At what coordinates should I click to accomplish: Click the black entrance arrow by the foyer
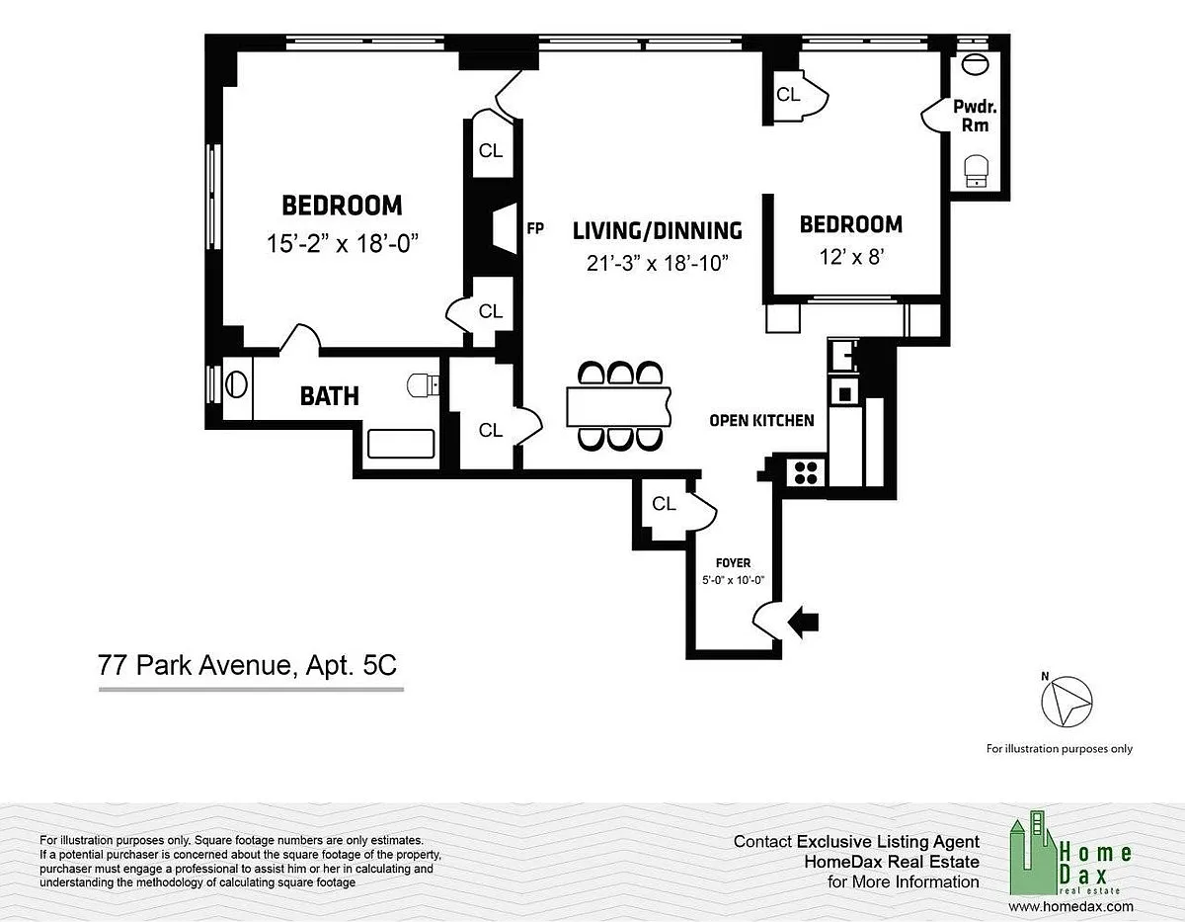click(803, 623)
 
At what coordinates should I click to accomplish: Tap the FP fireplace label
click(535, 228)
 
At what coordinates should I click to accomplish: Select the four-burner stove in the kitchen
click(806, 472)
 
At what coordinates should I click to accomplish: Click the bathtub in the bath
click(401, 444)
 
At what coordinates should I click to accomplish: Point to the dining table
click(618, 406)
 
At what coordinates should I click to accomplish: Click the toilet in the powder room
click(976, 171)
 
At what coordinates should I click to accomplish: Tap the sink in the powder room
click(975, 64)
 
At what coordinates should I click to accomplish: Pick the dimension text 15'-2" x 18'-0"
click(342, 243)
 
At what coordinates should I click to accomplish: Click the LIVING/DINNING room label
click(657, 231)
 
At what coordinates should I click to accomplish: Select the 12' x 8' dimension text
click(851, 256)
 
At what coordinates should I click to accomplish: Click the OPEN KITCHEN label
click(761, 420)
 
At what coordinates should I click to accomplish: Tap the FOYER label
click(733, 562)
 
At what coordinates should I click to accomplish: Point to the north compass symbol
click(1066, 701)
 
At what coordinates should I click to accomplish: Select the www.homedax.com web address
click(1070, 906)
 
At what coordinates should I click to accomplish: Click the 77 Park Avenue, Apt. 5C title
click(247, 665)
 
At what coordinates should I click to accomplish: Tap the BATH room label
click(330, 396)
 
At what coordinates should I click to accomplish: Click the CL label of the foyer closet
click(664, 504)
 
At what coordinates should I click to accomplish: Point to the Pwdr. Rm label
click(975, 116)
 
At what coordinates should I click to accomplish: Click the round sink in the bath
click(236, 384)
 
